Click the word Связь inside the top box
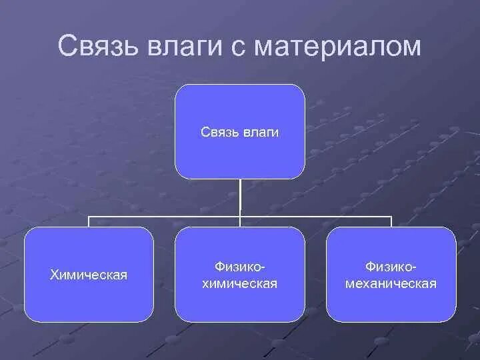click(217, 133)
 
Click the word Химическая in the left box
click(89, 275)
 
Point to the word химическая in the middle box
click(240, 284)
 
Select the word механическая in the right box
click(391, 284)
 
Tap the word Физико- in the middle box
click(240, 267)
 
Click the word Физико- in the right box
click(391, 267)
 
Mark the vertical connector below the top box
click(240, 197)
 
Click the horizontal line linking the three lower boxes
click(167, 217)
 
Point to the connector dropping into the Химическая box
click(89, 222)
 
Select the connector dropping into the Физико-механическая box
click(391, 222)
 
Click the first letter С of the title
click(67, 47)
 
